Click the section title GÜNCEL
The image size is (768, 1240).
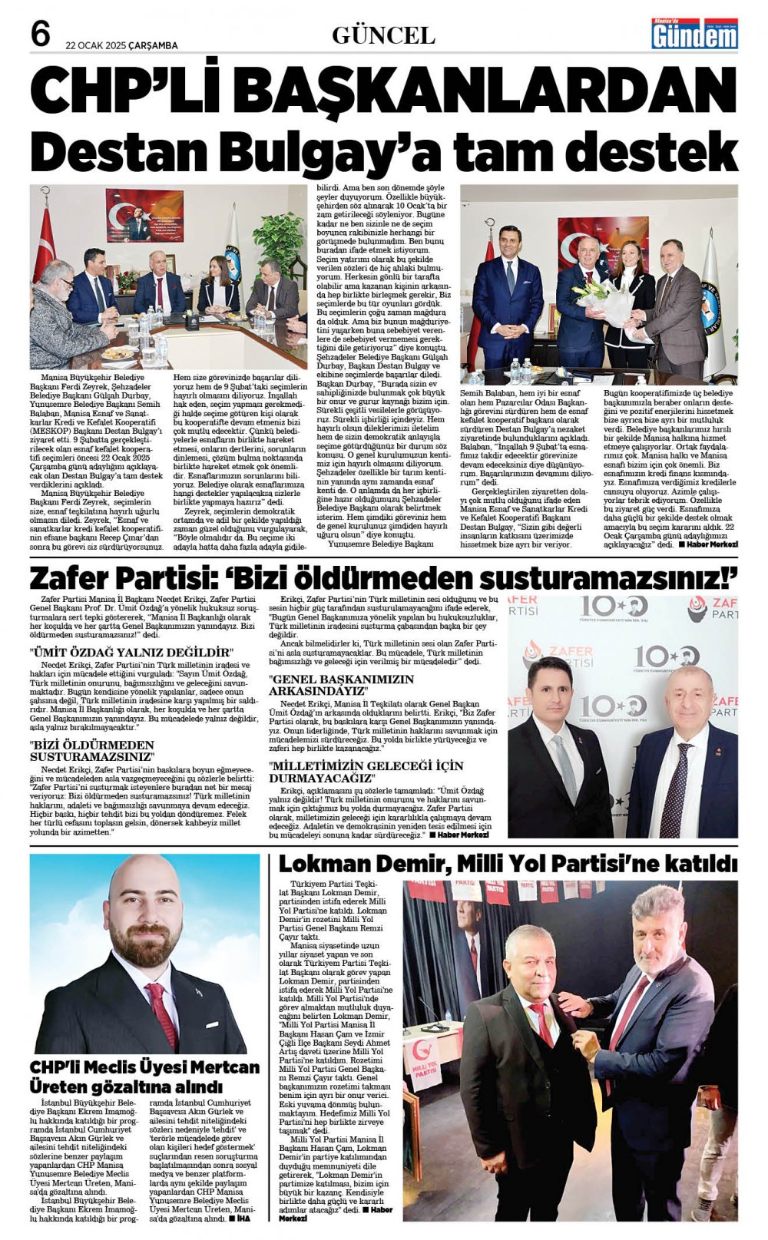383,35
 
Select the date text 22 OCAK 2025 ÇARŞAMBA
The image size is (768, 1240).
121,45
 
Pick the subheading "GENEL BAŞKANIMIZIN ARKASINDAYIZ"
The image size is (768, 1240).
341,685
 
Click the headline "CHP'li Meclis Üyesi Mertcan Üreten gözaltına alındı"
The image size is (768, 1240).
144,1076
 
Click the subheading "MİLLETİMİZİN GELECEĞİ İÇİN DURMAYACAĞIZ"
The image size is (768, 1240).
366,772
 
